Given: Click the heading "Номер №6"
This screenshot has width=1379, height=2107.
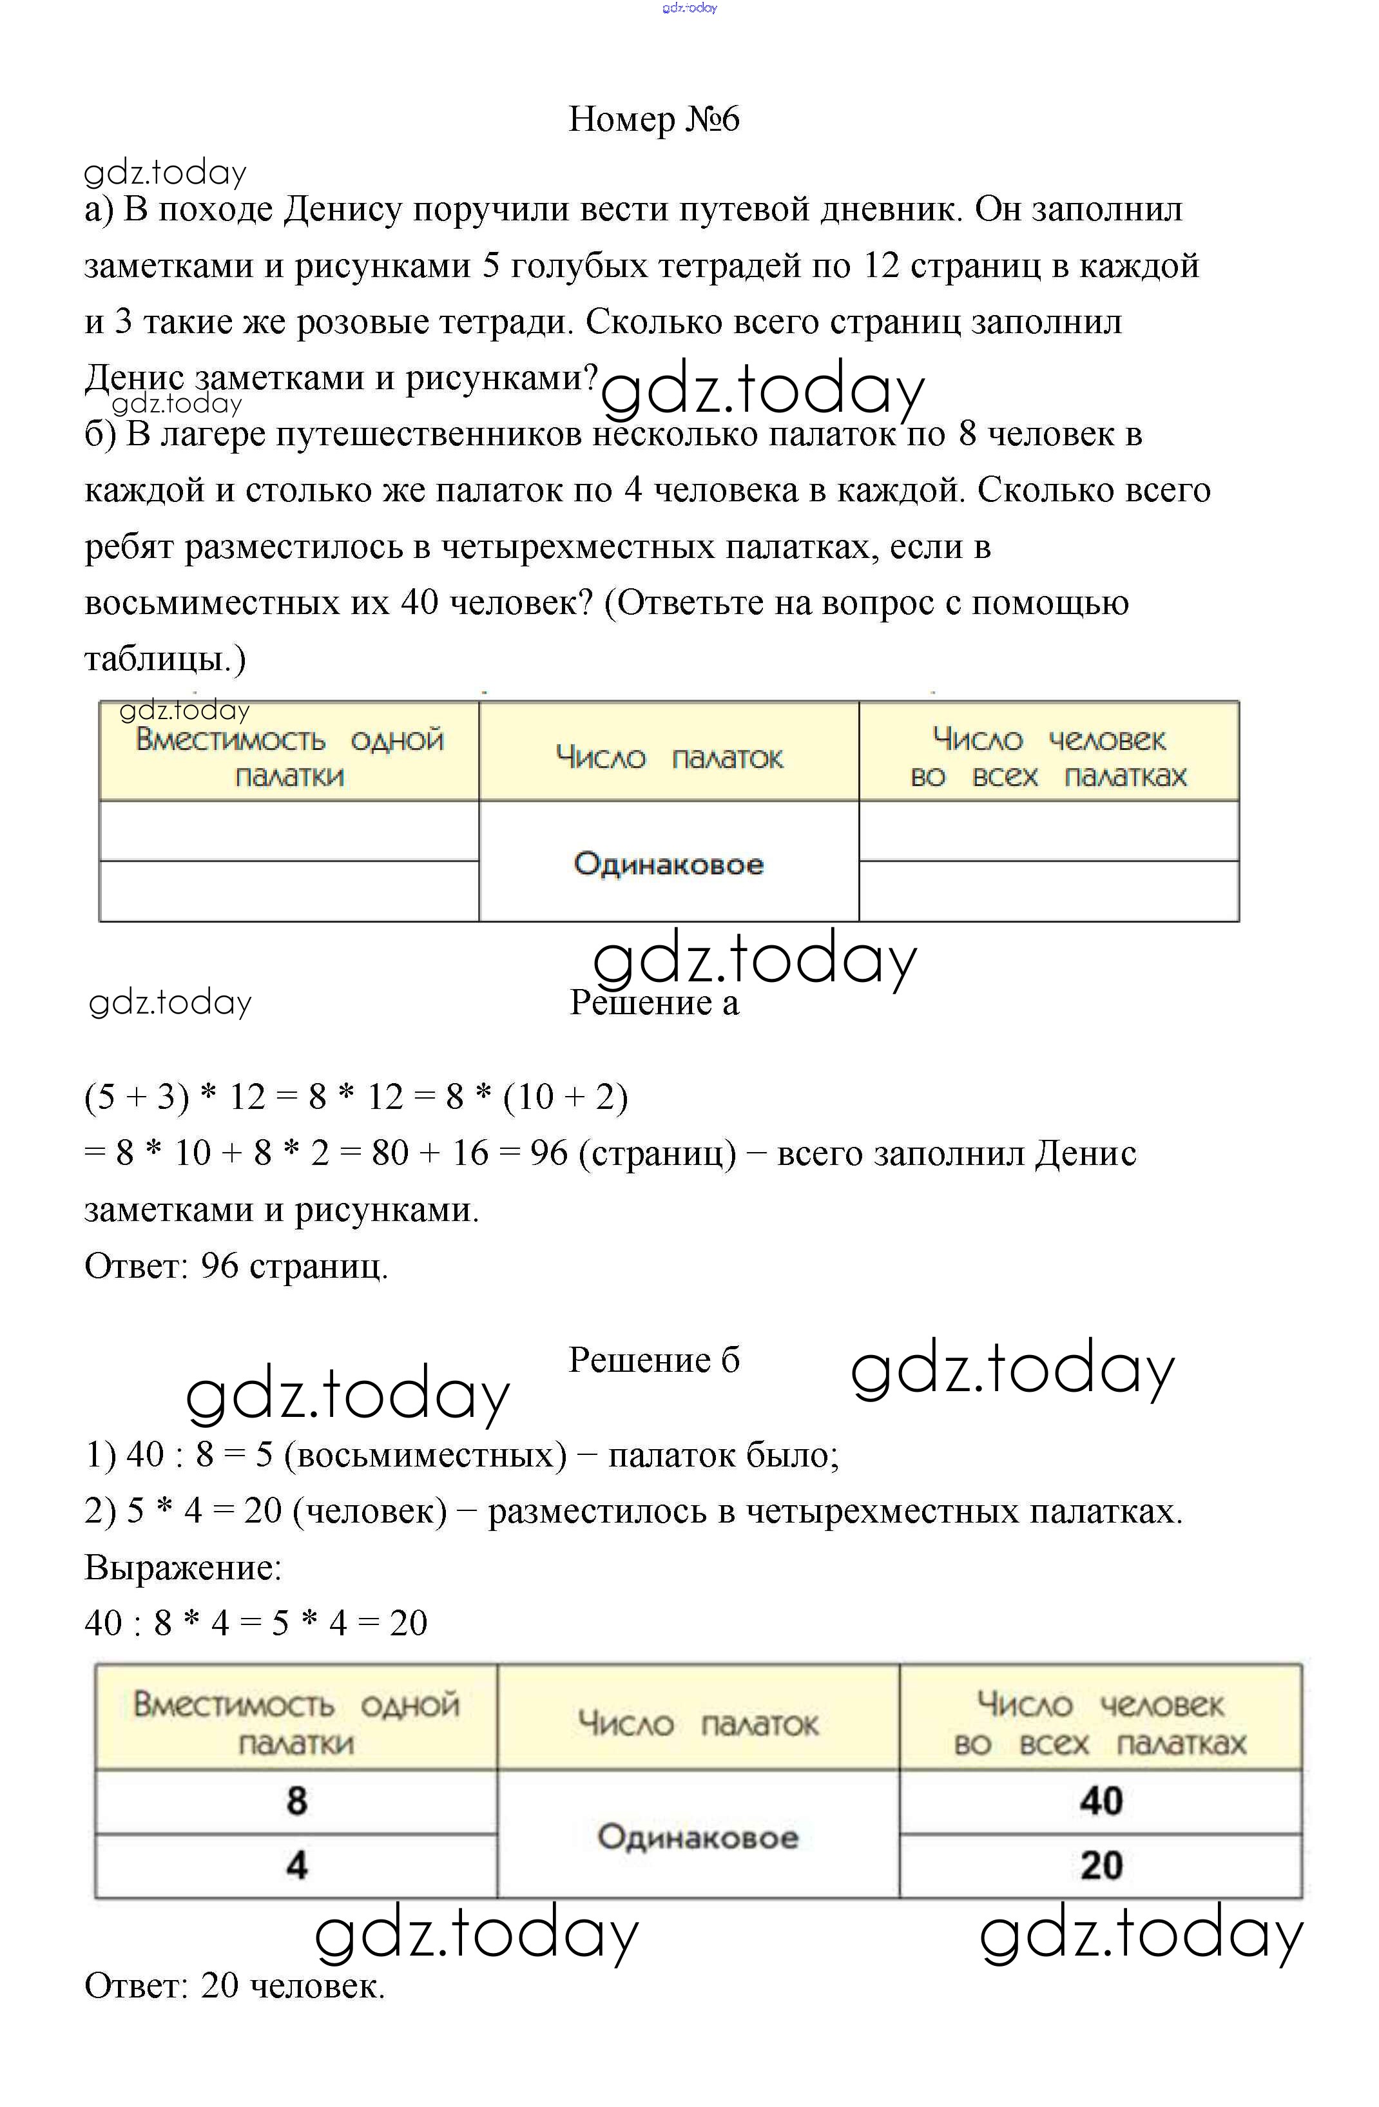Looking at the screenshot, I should tap(653, 119).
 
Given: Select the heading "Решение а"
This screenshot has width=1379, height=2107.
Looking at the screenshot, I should tap(653, 1002).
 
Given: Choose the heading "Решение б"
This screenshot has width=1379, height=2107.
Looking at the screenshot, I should tap(653, 1360).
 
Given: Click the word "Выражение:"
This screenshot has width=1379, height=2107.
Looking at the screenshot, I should tap(182, 1568).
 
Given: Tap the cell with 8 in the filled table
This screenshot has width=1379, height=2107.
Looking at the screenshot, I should tap(296, 1801).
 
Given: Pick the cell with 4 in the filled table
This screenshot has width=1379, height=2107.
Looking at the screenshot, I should tap(296, 1865).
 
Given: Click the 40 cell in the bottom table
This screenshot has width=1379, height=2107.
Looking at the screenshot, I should tap(1100, 1801).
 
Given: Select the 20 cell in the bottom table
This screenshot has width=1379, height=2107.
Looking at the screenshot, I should tap(1100, 1865).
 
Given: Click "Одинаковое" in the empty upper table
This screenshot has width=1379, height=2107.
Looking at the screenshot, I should tap(668, 863).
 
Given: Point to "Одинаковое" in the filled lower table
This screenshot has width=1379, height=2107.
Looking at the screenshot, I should tap(697, 1837).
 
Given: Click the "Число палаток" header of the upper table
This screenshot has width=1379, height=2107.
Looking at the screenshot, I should tap(668, 758).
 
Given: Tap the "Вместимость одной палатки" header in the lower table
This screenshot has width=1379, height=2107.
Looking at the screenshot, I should tap(296, 1723).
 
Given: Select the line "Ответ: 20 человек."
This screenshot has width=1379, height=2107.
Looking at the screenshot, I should tap(235, 1986).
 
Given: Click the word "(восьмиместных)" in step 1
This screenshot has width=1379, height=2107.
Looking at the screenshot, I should tap(425, 1454).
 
